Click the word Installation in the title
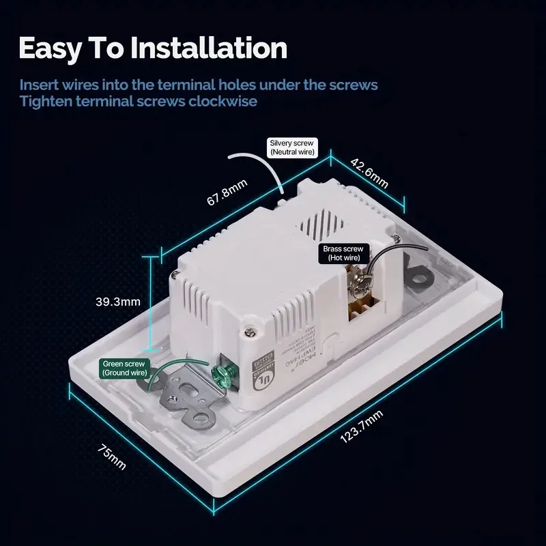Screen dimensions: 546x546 click(x=209, y=49)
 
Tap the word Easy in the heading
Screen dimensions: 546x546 click(x=54, y=49)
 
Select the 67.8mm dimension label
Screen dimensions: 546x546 click(x=227, y=197)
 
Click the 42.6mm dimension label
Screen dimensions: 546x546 click(x=369, y=173)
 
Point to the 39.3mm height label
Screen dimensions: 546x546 click(x=118, y=301)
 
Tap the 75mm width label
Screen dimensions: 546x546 click(x=111, y=456)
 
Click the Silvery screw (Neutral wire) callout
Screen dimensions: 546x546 click(x=291, y=147)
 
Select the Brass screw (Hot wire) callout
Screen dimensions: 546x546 click(x=345, y=254)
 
